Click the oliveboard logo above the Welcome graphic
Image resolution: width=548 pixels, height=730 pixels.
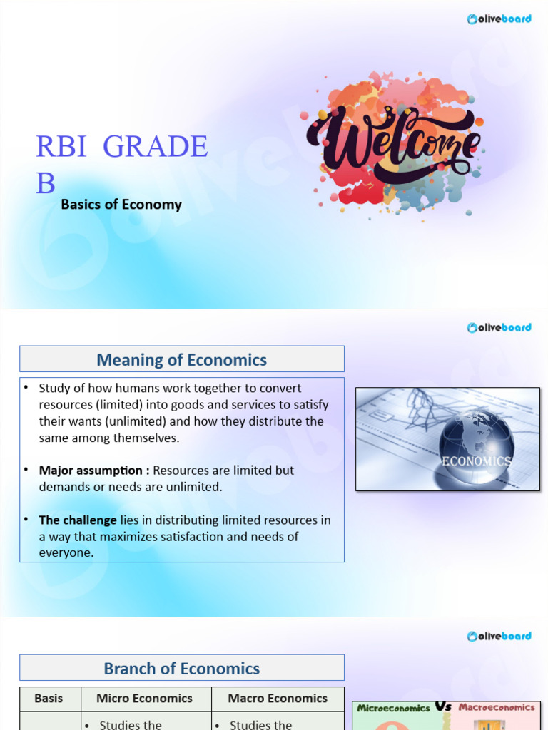[x=499, y=19]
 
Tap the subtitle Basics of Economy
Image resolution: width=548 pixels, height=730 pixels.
[x=121, y=205]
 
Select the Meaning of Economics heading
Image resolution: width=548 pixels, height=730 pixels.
[x=181, y=360]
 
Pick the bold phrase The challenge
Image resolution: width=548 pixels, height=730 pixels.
[x=78, y=520]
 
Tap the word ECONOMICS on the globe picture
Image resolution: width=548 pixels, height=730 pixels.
[x=476, y=461]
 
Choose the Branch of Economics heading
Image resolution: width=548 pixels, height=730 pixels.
[x=181, y=669]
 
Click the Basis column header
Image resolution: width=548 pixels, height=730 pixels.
[x=49, y=699]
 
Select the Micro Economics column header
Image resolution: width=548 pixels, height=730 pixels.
[x=144, y=699]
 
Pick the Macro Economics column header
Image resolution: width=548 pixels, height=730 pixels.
[x=278, y=699]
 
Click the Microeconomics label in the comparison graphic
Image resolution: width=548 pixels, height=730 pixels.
[x=393, y=709]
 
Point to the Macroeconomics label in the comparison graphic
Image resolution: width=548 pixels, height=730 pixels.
[x=497, y=708]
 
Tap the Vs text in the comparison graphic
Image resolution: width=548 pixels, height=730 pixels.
[x=444, y=707]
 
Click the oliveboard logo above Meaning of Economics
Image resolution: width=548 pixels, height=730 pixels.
[x=499, y=327]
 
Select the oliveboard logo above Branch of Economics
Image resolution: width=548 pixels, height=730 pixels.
[x=499, y=635]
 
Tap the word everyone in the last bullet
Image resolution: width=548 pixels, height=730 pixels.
[x=66, y=552]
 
